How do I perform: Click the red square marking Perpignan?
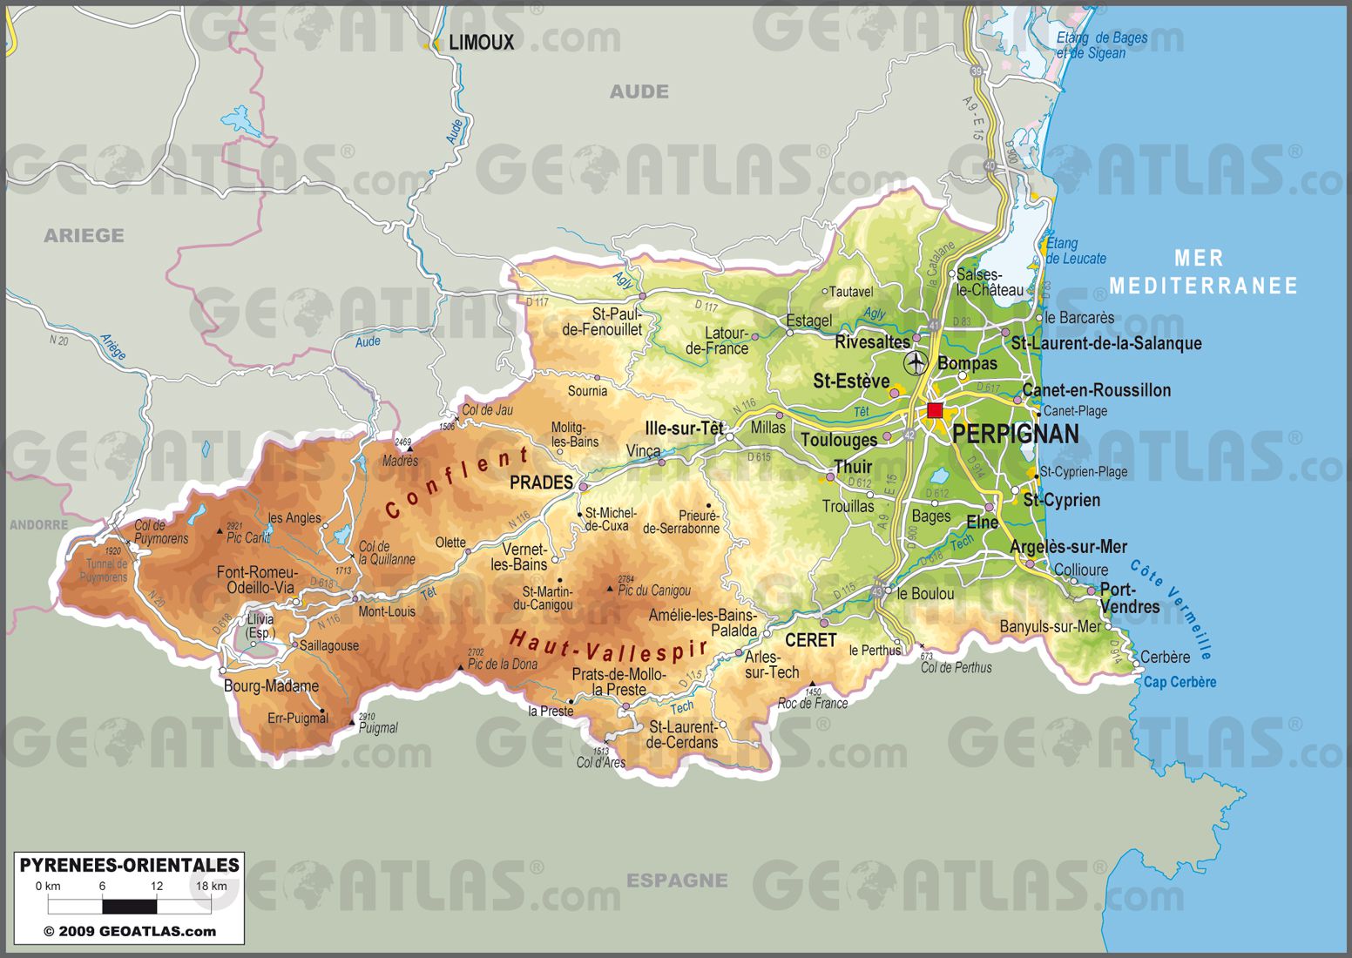(x=935, y=410)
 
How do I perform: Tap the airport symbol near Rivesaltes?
(x=916, y=362)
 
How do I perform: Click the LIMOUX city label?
(x=481, y=42)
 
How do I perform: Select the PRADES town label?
(x=541, y=482)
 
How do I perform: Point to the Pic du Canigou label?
(x=653, y=590)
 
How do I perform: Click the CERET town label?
(x=810, y=640)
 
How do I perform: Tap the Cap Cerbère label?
(x=1180, y=682)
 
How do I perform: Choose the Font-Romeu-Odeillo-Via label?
(x=257, y=580)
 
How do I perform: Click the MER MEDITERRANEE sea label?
(x=1202, y=272)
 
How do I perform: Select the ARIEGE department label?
(x=84, y=235)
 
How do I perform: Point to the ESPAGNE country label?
(x=677, y=880)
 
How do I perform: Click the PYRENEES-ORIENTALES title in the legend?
(x=129, y=865)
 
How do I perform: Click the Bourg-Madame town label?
(x=271, y=686)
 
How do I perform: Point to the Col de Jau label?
(x=487, y=410)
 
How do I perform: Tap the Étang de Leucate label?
(x=1075, y=251)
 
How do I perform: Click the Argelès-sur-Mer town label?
(x=1068, y=547)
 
